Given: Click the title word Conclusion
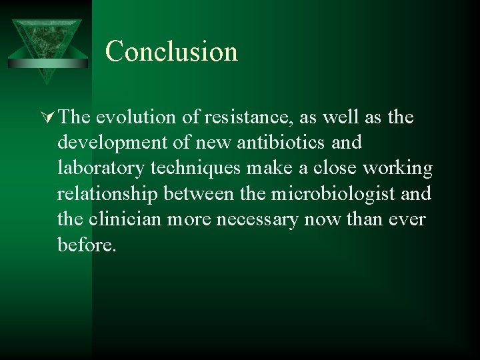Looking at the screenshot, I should coord(171,51).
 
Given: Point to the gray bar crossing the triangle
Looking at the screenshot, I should coord(46,63).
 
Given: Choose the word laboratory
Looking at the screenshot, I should coord(100,168).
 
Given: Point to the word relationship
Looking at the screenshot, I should coord(106,193).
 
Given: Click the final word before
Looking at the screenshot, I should coord(86,244).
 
